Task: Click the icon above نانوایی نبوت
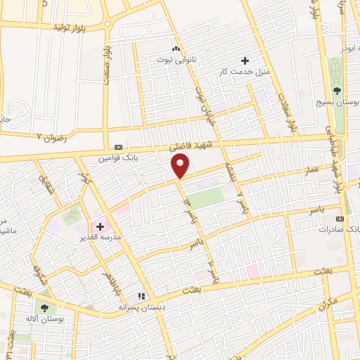pos(176,49)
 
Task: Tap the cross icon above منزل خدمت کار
pos(245,60)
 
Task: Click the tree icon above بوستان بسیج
pos(337,91)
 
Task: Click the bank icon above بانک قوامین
pos(118,148)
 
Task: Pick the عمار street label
pos(314,169)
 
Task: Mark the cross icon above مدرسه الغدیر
pos(100,226)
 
